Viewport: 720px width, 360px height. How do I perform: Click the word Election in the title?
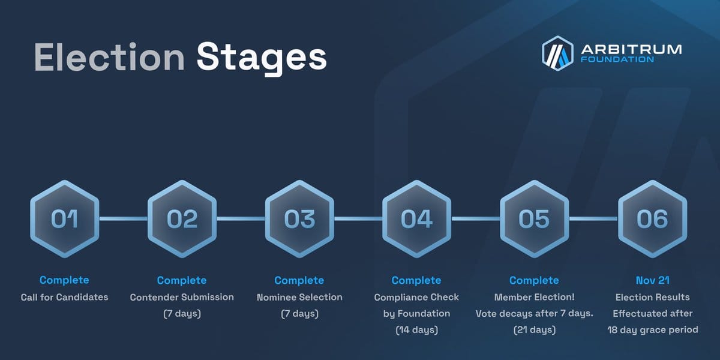(109, 57)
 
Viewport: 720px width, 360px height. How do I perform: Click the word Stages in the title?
(262, 59)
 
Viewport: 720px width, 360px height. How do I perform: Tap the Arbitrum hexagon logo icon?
(557, 53)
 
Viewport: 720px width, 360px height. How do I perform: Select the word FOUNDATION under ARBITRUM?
(617, 59)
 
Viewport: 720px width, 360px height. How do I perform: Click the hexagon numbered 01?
(65, 219)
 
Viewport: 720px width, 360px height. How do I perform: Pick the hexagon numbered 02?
(182, 219)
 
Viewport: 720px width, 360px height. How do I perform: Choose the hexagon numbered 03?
(299, 219)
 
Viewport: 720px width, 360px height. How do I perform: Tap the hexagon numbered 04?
(416, 219)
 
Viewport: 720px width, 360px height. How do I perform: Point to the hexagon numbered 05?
(534, 219)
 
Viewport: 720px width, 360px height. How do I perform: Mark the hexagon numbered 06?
(653, 219)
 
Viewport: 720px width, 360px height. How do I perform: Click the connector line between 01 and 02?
(124, 218)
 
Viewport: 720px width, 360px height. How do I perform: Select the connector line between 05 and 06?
(593, 218)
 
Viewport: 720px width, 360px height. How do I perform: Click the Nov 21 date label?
(653, 280)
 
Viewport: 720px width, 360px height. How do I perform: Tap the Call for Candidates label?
(65, 297)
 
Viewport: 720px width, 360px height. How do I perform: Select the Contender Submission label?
(182, 297)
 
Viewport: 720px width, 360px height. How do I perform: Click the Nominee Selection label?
(299, 297)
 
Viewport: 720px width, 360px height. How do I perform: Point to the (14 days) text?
(416, 330)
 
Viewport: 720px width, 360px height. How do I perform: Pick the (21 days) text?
(534, 330)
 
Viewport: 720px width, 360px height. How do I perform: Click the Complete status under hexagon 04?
(416, 280)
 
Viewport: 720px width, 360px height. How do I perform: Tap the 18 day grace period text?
(653, 330)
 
